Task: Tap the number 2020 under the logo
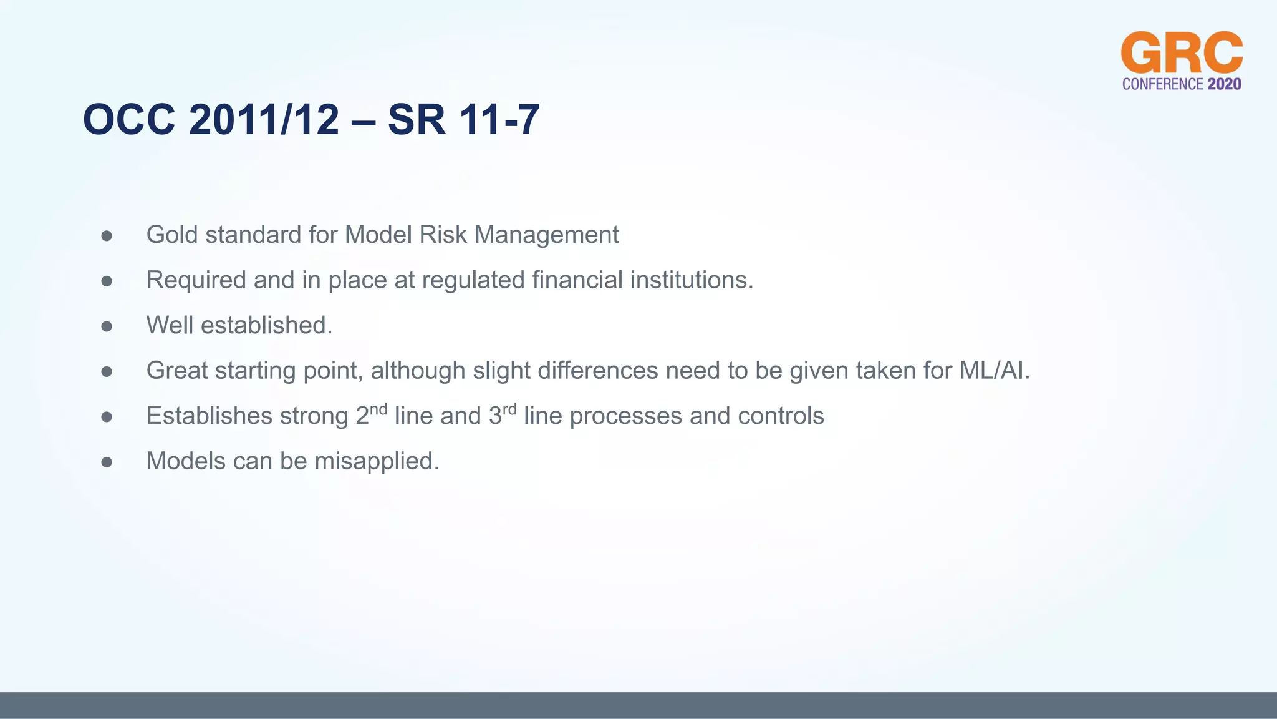(1224, 84)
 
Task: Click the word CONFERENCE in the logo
(1162, 84)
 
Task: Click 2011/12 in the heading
(264, 119)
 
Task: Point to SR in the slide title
(417, 119)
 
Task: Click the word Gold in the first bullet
(172, 235)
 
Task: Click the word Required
(196, 280)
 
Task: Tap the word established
(266, 325)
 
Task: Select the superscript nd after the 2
(378, 409)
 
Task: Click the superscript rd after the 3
(509, 409)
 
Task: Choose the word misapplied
(377, 461)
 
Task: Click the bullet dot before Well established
(107, 326)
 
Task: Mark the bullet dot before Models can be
(107, 462)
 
